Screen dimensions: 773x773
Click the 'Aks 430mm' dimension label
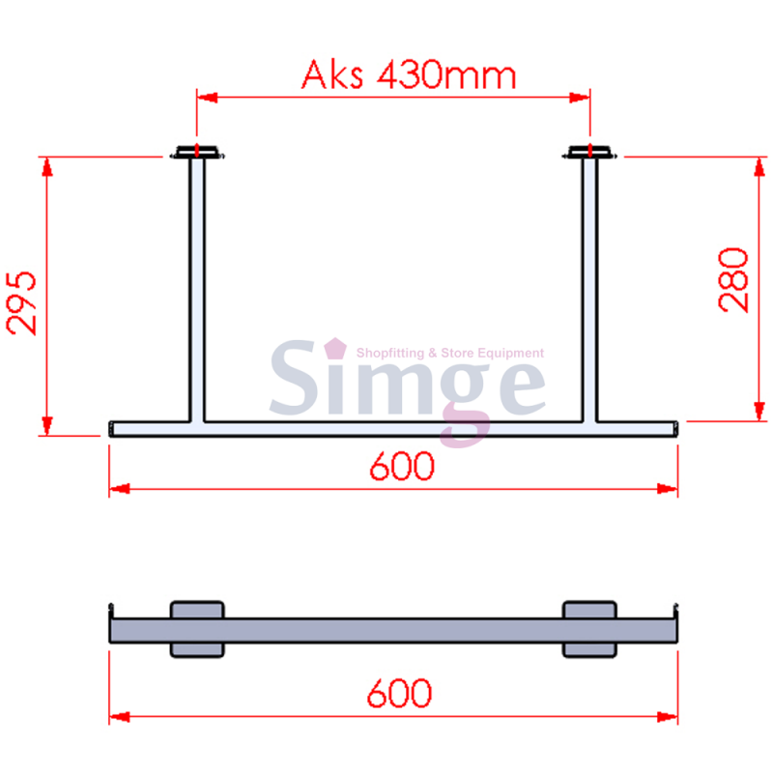click(408, 74)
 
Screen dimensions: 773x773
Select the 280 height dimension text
click(734, 279)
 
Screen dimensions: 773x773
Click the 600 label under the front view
click(402, 467)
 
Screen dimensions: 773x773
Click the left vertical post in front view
click(197, 290)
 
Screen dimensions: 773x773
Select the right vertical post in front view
click(589, 290)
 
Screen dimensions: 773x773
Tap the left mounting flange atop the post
click(197, 152)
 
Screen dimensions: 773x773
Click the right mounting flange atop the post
click(589, 152)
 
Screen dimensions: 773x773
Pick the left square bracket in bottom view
click(197, 629)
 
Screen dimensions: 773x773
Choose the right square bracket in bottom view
click(589, 629)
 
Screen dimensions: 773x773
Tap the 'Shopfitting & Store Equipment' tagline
click(450, 354)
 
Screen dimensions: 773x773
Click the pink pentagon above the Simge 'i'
click(334, 346)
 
